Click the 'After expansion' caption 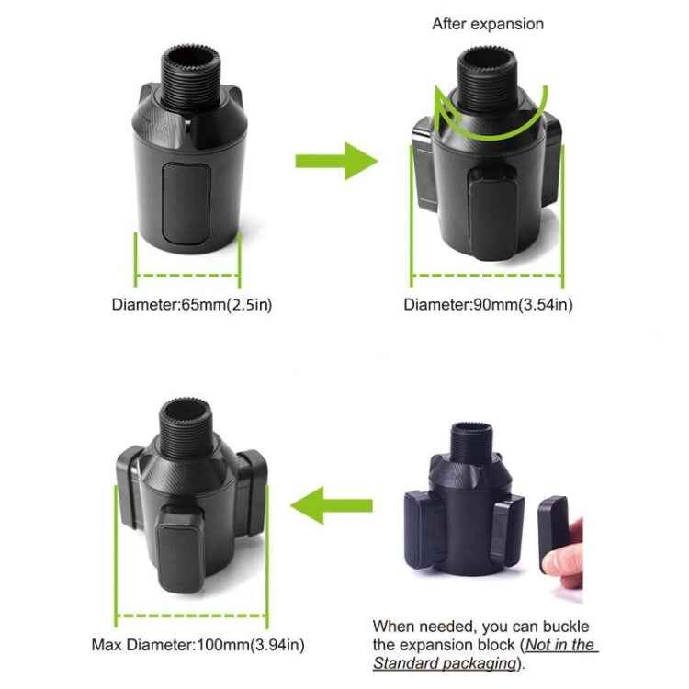click(x=487, y=24)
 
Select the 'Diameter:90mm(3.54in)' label click(x=488, y=304)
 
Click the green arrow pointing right click(x=335, y=161)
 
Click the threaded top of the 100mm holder click(x=190, y=424)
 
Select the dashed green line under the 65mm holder click(x=188, y=274)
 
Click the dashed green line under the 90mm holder click(x=487, y=274)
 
